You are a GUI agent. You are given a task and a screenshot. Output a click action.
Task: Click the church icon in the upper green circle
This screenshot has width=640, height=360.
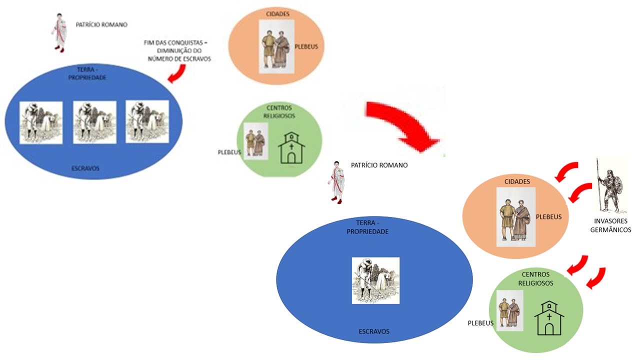[x=291, y=148]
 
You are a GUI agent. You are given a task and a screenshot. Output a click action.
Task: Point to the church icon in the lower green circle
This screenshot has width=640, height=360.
[x=549, y=318]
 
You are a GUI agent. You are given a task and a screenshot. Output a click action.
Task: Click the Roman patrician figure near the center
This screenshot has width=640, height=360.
[x=336, y=183]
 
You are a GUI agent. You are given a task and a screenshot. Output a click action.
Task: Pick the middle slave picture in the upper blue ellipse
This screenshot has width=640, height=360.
[x=94, y=122]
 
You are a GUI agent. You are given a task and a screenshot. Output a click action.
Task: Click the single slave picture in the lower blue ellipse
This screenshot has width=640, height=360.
[x=375, y=280]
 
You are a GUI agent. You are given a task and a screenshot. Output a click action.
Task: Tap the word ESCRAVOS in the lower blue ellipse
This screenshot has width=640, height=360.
[x=374, y=331]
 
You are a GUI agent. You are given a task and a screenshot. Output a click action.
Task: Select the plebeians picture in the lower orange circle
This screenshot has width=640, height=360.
[x=515, y=217]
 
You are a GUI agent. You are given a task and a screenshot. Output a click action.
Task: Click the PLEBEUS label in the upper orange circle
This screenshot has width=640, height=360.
[x=306, y=47]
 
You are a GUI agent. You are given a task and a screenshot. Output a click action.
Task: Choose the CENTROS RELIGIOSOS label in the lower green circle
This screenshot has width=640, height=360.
[x=535, y=278]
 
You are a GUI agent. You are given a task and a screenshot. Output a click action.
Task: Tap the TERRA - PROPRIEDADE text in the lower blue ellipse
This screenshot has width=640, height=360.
[x=367, y=228]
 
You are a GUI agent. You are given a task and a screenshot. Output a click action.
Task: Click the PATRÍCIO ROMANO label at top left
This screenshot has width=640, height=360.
[x=101, y=24]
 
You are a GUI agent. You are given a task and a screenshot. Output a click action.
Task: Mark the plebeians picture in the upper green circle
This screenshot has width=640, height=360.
[x=255, y=141]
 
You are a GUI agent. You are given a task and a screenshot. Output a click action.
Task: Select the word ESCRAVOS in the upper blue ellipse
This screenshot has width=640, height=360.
[x=85, y=168]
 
